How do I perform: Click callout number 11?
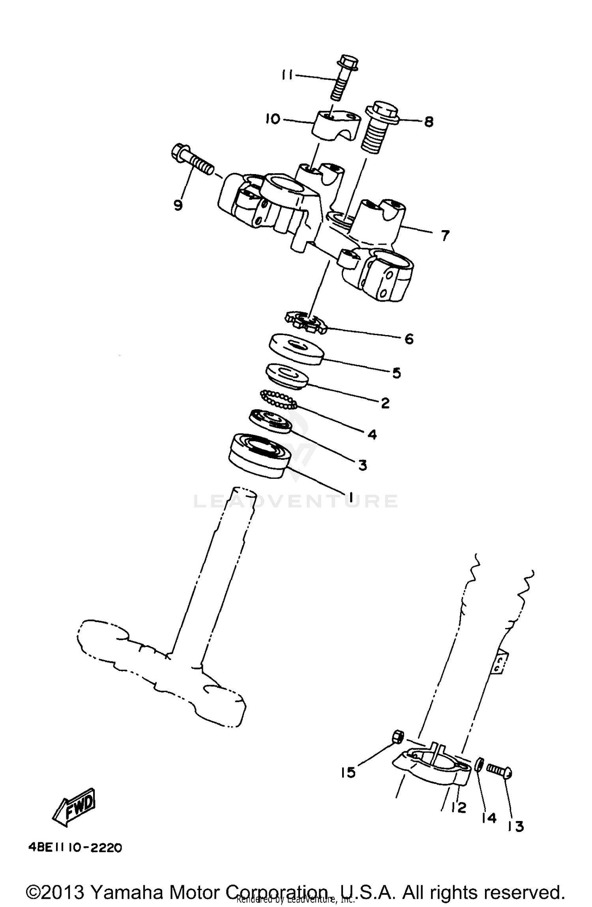tap(287, 75)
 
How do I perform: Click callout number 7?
tap(445, 236)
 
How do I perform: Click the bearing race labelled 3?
tap(270, 421)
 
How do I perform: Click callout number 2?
tap(385, 403)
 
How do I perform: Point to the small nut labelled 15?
tap(398, 736)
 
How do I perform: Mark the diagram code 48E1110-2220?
tap(75, 847)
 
